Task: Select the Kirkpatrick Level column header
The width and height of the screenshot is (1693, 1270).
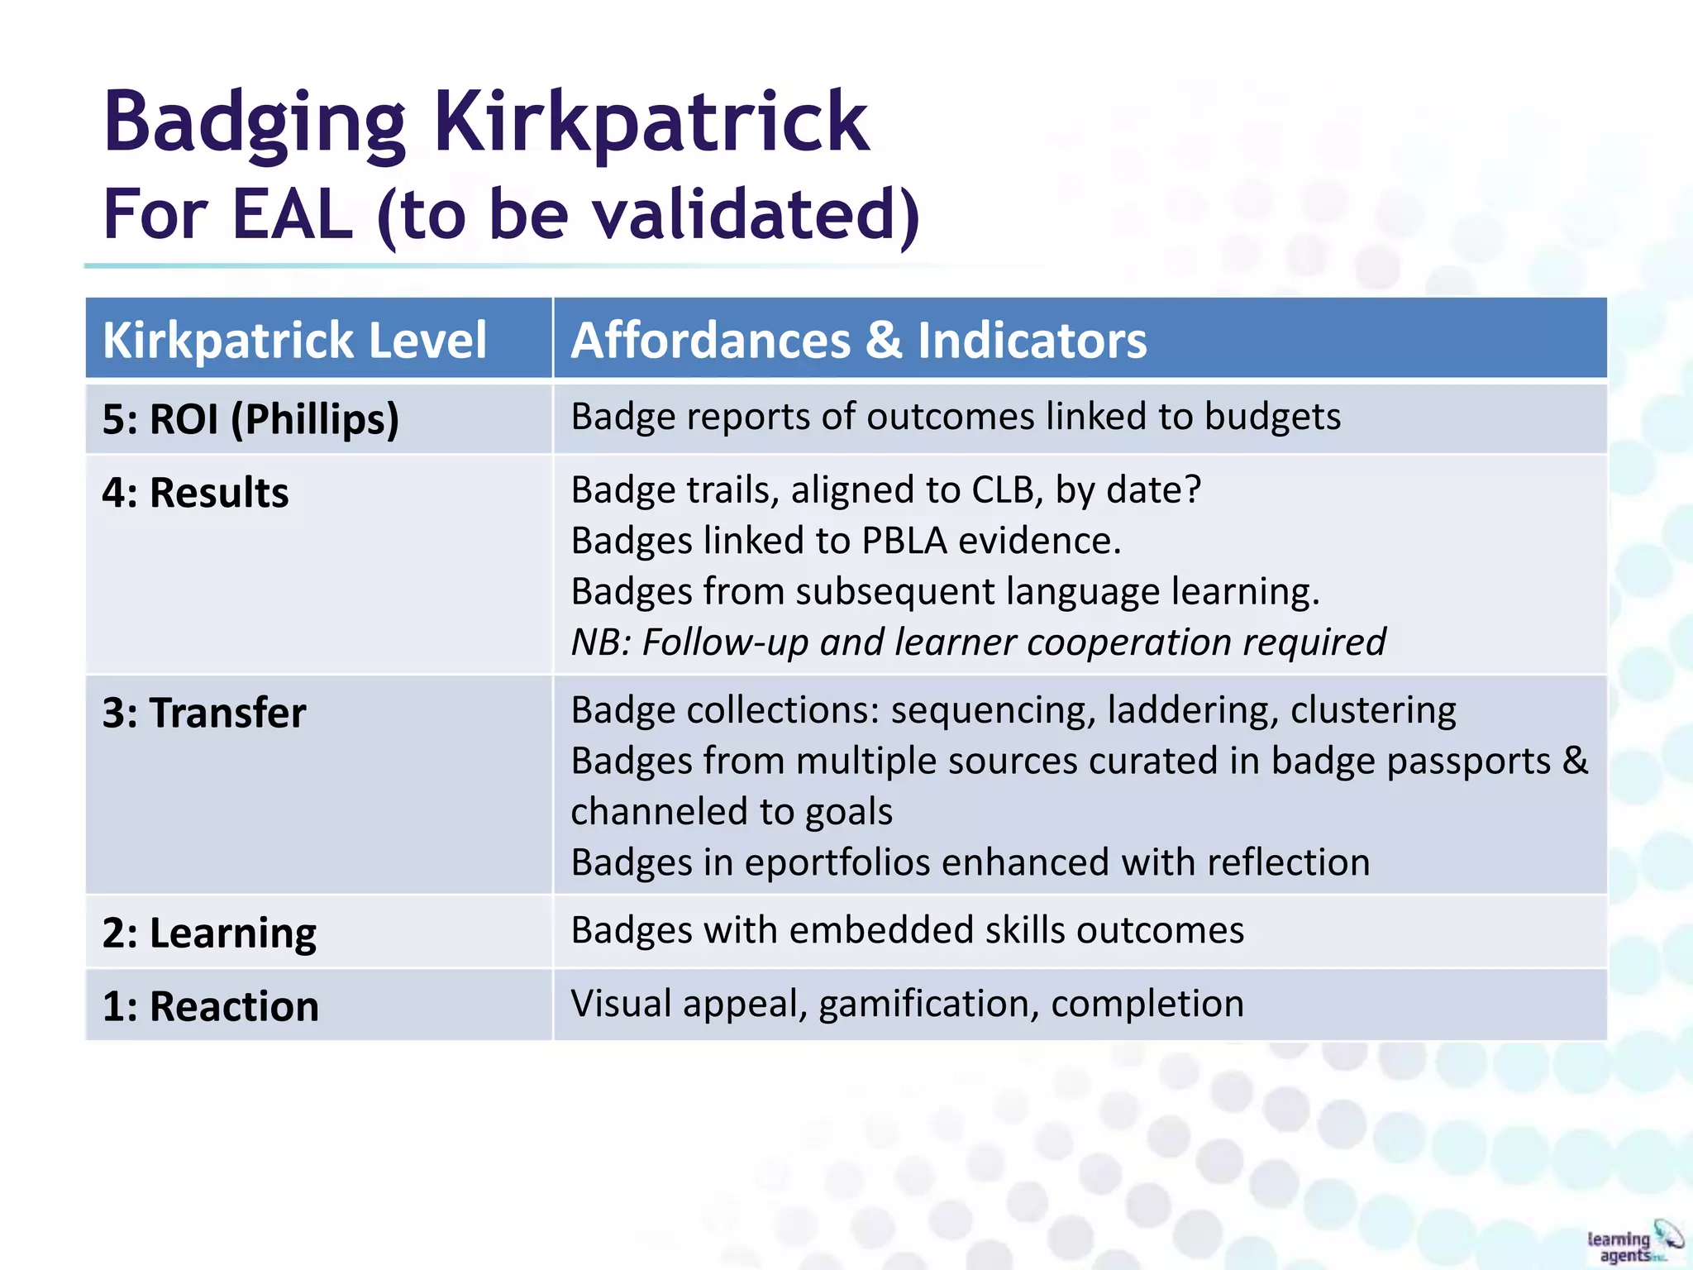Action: (294, 340)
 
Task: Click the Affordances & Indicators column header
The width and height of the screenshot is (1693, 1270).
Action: (858, 340)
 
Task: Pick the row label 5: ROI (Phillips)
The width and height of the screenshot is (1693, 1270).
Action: (250, 418)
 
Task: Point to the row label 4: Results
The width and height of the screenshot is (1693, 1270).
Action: (195, 493)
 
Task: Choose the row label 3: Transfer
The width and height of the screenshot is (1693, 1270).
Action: (203, 713)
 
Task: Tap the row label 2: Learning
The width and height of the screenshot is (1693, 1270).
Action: (209, 933)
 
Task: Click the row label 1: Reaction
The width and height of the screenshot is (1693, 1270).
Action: (210, 1006)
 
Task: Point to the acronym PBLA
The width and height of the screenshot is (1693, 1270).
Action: (904, 541)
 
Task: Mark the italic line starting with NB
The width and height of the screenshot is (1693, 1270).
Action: (978, 642)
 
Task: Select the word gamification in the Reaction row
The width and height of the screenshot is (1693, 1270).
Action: (928, 1005)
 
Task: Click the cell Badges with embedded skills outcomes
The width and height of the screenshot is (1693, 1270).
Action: (907, 931)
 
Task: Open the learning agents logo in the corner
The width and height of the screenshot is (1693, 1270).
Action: (1633, 1243)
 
